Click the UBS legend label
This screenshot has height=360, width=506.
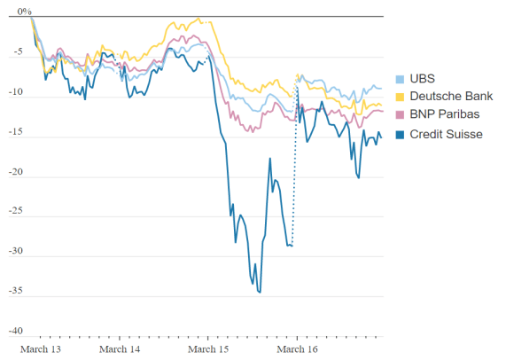tap(422, 79)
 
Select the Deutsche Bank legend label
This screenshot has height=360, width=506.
tap(451, 97)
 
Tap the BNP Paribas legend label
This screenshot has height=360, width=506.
tap(444, 114)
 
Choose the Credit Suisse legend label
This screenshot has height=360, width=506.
tap(446, 134)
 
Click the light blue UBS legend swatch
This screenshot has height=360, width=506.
tap(400, 79)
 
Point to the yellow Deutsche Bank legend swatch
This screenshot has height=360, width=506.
tap(400, 97)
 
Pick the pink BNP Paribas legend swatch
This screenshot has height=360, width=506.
tap(400, 114)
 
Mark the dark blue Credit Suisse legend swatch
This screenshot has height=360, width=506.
tap(400, 135)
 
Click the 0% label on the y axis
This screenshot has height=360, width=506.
tap(24, 12)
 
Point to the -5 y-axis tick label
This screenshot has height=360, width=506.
tap(18, 51)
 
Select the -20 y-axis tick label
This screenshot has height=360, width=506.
tap(15, 172)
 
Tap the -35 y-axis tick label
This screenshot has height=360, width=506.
tap(15, 291)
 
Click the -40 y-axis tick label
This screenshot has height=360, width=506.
tap(15, 331)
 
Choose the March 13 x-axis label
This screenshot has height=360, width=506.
tap(41, 349)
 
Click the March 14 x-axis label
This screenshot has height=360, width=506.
tap(120, 349)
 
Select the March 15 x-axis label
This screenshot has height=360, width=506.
tap(208, 349)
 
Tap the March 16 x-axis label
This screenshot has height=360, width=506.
tap(297, 349)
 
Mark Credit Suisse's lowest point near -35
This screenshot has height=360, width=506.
tap(261, 293)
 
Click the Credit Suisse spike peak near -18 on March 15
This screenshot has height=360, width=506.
tap(270, 158)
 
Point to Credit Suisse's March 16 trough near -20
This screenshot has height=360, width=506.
tap(359, 178)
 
